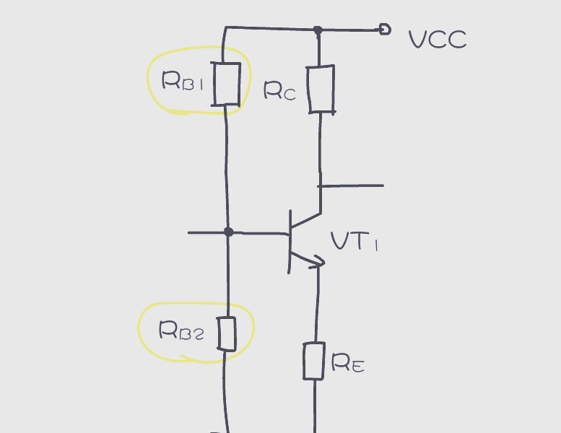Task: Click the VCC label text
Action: point(438,40)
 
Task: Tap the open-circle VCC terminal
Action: point(385,30)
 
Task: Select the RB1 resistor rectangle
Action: point(226,84)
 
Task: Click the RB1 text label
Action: point(183,82)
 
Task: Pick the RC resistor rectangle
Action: point(321,89)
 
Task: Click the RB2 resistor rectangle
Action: point(227,334)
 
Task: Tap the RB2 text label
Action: point(181,331)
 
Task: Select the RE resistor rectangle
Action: point(314,361)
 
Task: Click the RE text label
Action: point(347,364)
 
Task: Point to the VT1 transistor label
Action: point(354,241)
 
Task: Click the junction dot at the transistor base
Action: point(228,232)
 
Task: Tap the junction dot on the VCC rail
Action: point(317,30)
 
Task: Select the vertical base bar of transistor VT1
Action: point(290,241)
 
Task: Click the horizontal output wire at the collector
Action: point(352,185)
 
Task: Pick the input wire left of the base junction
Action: point(206,232)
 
